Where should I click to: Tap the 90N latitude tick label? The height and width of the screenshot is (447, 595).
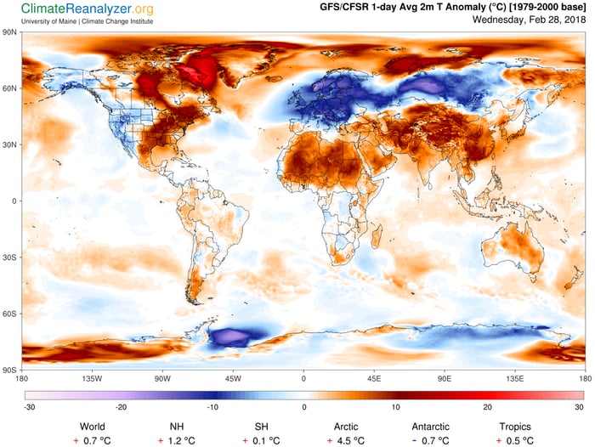click(12, 32)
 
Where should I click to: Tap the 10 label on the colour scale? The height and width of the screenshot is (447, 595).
click(396, 407)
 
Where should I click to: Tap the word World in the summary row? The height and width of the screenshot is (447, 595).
click(93, 426)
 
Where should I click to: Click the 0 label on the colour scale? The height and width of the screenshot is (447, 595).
click(303, 407)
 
